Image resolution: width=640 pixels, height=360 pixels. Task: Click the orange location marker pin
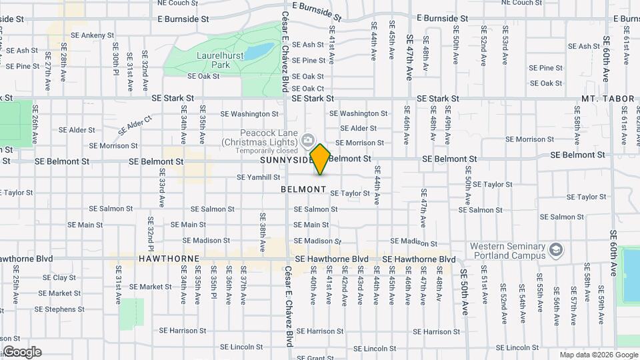click(x=320, y=159)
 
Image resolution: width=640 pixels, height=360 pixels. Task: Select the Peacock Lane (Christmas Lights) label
click(x=261, y=137)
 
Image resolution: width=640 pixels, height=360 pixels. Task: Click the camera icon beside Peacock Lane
click(x=308, y=140)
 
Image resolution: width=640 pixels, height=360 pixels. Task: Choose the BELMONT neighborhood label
click(x=303, y=189)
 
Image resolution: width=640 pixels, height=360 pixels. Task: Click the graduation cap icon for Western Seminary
click(x=555, y=251)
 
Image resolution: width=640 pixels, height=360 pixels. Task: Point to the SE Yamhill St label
click(x=259, y=177)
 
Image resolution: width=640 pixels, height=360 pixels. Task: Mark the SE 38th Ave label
click(x=263, y=227)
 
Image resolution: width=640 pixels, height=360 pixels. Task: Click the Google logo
click(x=22, y=352)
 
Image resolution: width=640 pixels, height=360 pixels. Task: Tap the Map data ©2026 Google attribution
click(x=598, y=355)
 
